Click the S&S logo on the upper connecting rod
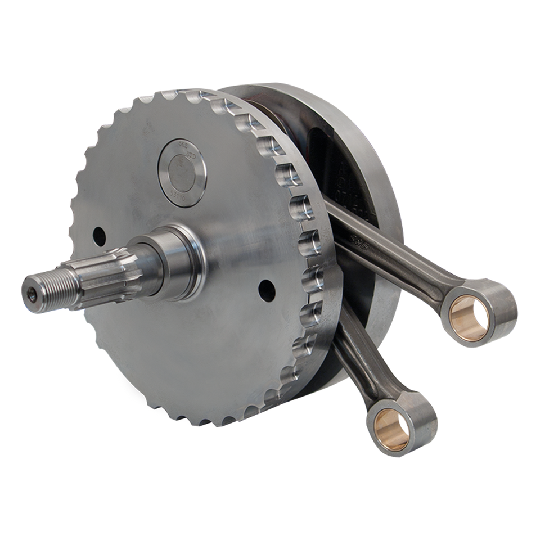click(x=357, y=240)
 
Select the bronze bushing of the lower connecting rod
click(x=392, y=429)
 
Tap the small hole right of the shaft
click(x=267, y=290)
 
